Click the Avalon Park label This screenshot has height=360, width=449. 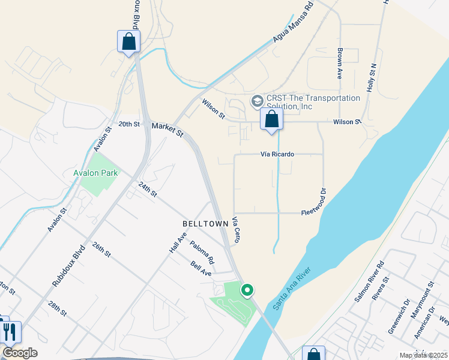point(95,173)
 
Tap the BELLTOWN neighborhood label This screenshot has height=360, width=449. point(205,223)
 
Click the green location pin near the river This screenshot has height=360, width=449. point(247,290)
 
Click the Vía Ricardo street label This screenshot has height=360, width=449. point(277,154)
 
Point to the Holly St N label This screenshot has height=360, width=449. point(372,77)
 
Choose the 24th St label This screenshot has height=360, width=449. point(148,190)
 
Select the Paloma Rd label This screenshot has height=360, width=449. point(202,253)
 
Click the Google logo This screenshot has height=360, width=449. point(20,353)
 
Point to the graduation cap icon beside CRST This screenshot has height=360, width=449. point(258,100)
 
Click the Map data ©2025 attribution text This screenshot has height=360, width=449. point(423,355)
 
